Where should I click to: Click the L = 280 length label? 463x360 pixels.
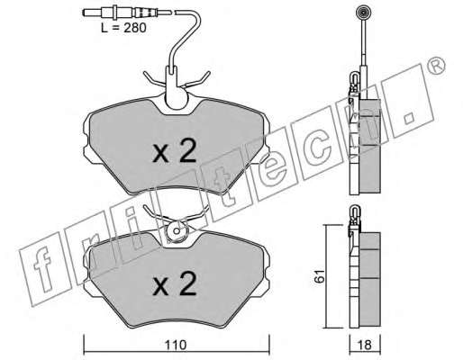coord(123,28)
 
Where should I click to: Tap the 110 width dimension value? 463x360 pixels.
coord(176,345)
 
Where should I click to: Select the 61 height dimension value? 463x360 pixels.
coord(320,276)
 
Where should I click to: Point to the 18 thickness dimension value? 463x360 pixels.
coord(365,345)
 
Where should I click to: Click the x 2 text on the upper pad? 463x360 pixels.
coord(175,151)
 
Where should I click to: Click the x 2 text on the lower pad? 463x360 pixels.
coord(175,283)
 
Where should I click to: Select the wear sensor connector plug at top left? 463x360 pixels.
coord(120,13)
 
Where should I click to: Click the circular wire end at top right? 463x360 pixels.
coord(363,13)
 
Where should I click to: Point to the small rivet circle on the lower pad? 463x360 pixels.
coord(177,231)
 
